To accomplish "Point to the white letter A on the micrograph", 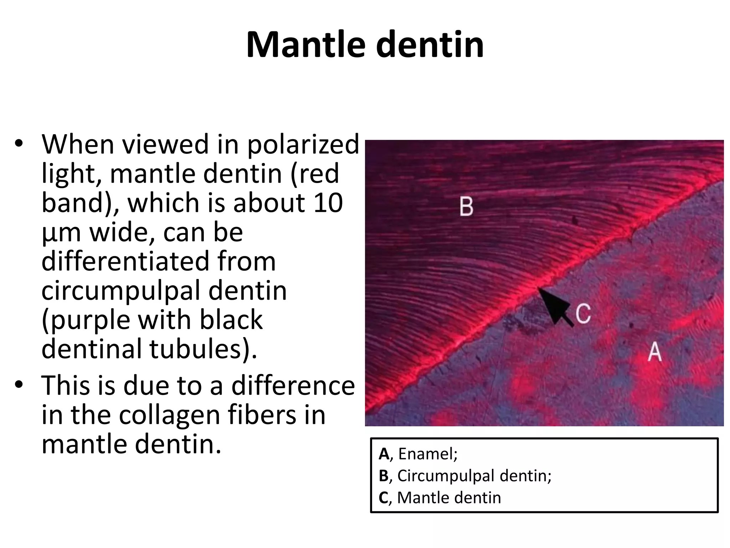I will (x=654, y=352).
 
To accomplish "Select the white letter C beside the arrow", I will (x=583, y=314).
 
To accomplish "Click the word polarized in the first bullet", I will (x=303, y=145).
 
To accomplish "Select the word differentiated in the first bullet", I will (x=159, y=261).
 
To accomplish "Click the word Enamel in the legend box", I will (x=427, y=454).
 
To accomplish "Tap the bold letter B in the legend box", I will (x=384, y=476).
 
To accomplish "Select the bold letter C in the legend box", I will (x=384, y=498).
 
